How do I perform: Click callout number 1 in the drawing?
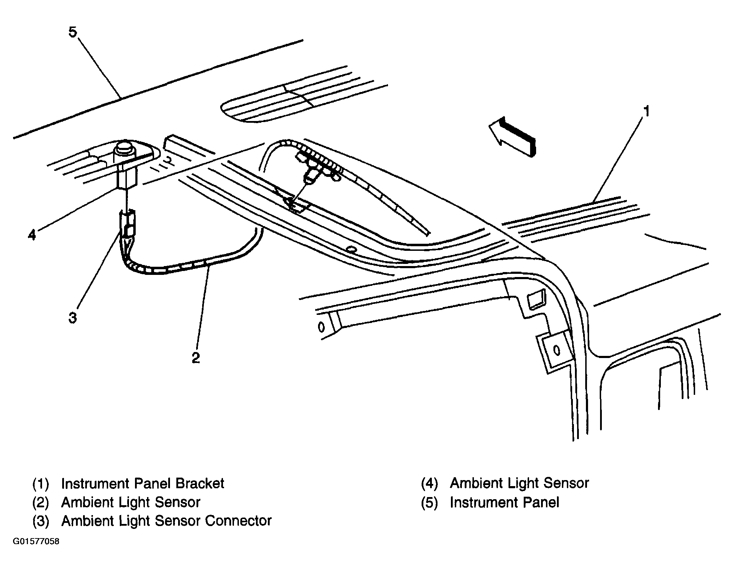tap(645, 111)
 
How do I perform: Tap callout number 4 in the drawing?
tap(32, 235)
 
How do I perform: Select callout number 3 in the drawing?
tap(72, 318)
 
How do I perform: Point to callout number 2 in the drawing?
tap(196, 358)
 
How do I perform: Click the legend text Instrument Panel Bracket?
tap(142, 483)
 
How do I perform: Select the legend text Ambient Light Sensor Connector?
tap(166, 521)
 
